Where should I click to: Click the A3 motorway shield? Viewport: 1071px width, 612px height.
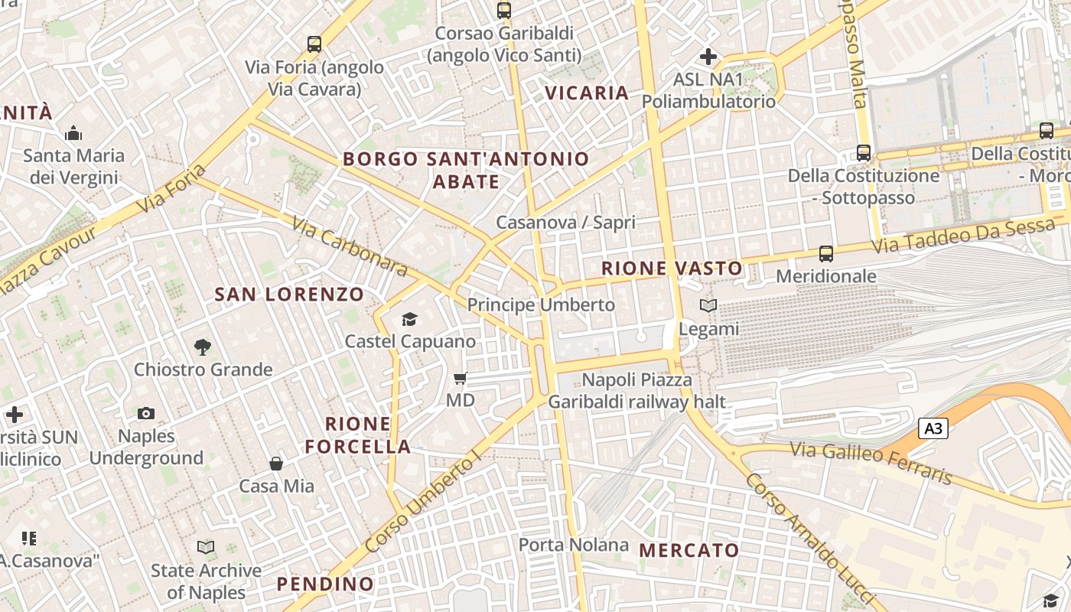click(x=933, y=428)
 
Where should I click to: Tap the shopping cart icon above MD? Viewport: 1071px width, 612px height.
click(x=460, y=378)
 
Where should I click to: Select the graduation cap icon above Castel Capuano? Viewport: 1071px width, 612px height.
click(x=410, y=319)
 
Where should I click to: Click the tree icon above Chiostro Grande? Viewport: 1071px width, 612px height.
click(x=203, y=347)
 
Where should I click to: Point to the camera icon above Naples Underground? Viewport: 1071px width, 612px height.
click(x=146, y=414)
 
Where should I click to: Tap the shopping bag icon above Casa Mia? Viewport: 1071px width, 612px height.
click(x=276, y=464)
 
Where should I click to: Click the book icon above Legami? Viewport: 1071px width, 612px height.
click(x=708, y=306)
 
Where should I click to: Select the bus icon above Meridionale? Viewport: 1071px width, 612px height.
click(x=825, y=253)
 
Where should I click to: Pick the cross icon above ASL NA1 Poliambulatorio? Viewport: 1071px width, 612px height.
click(x=708, y=57)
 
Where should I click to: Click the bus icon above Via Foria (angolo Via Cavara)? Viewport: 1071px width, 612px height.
click(x=314, y=44)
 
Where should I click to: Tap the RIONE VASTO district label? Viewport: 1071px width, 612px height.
click(x=672, y=269)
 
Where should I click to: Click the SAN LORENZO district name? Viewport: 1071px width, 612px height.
click(x=289, y=295)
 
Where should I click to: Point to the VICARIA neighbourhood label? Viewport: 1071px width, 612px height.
click(x=587, y=93)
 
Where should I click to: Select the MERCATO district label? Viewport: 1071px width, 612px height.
click(x=689, y=550)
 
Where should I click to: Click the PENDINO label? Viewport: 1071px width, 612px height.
click(x=325, y=584)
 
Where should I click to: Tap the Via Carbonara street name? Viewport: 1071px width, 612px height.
click(x=350, y=245)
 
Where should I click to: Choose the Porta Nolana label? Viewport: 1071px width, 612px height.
click(x=574, y=545)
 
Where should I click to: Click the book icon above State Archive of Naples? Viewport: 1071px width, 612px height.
click(x=206, y=548)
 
